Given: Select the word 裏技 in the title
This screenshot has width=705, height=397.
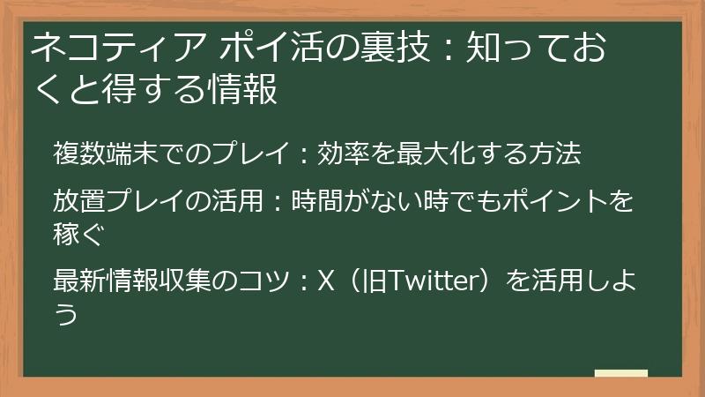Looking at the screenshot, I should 378,49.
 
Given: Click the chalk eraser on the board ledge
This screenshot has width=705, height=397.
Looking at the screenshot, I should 620,374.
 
